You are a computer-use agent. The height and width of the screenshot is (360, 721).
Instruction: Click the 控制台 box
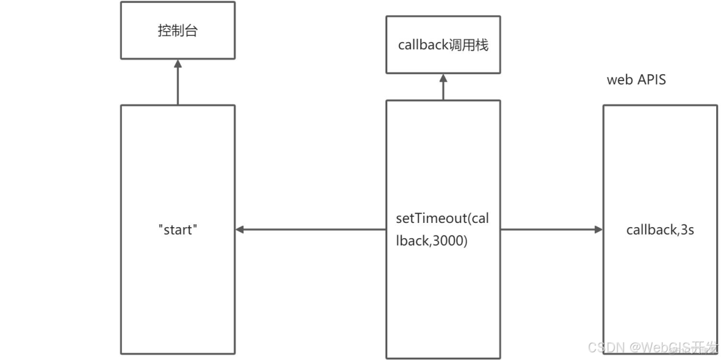(x=178, y=31)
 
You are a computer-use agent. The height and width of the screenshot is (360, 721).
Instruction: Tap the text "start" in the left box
(x=178, y=230)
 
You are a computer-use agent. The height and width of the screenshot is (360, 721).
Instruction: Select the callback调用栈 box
(x=443, y=45)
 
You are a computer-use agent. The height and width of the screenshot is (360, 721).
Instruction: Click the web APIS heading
(x=636, y=80)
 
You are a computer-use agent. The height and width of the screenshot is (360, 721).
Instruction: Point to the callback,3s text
(x=659, y=230)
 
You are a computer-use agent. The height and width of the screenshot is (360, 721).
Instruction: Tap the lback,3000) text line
(x=431, y=241)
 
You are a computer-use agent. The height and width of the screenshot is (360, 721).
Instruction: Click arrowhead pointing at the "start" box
(x=240, y=230)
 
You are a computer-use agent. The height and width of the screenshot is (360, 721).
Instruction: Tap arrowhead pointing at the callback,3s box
(x=598, y=230)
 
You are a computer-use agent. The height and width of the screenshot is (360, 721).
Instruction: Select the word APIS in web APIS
(x=651, y=80)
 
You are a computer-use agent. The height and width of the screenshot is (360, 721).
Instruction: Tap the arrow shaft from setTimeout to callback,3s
(x=548, y=230)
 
